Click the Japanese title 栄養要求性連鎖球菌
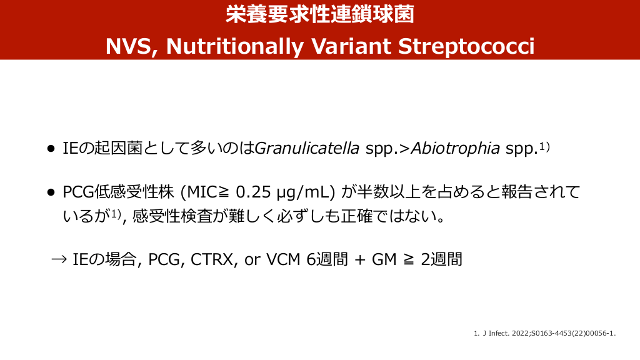tap(320, 14)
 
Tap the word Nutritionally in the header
tap(235, 47)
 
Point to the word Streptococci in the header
tap(466, 47)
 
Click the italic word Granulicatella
tap(307, 148)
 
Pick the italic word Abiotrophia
tap(456, 148)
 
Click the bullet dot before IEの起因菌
tap(51, 149)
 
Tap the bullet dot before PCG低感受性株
tap(51, 192)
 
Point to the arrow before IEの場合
tap(59, 259)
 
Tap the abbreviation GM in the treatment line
tap(384, 259)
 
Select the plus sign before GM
tap(359, 260)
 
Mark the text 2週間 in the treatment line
tap(442, 259)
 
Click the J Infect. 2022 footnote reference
tap(545, 334)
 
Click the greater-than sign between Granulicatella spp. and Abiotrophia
tap(404, 149)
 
